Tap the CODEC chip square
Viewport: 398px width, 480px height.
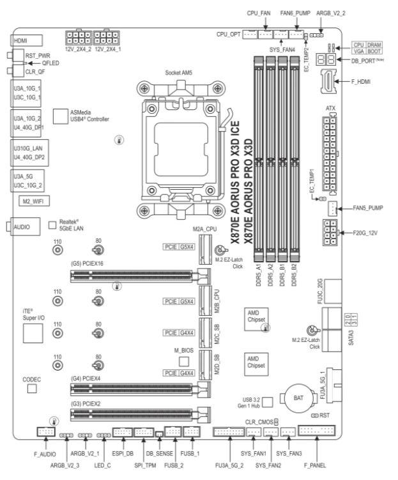[31, 389]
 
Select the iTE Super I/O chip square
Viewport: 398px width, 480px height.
[31, 333]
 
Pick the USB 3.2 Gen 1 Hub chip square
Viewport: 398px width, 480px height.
[269, 401]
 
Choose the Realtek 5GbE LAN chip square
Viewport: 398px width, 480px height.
[52, 225]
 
